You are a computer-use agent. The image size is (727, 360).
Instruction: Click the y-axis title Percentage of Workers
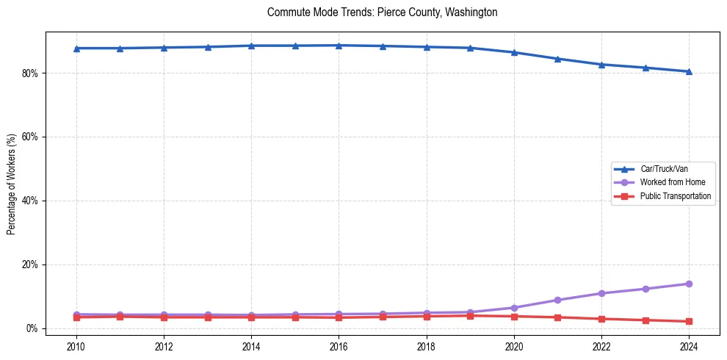12,184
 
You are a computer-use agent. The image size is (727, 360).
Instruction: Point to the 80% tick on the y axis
32,73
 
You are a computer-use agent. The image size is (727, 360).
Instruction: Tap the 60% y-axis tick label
32,137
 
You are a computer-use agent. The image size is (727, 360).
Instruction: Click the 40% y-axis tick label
32,201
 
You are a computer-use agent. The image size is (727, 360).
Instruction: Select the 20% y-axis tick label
32,264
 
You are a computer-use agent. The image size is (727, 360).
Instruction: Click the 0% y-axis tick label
34,328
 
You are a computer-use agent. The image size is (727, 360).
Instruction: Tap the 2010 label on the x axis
76,346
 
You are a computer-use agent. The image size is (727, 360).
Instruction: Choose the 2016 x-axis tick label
339,346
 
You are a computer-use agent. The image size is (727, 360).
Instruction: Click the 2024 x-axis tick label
689,346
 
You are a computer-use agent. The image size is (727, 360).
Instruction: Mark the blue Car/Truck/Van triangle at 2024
689,71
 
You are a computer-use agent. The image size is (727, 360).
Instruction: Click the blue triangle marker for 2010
76,48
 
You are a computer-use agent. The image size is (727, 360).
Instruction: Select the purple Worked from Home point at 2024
689,284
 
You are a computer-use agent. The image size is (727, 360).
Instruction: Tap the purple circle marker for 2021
557,300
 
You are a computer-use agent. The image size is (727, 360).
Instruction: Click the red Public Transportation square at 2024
689,321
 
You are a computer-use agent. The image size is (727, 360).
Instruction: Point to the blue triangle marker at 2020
514,52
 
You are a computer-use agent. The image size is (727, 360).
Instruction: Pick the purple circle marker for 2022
601,293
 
